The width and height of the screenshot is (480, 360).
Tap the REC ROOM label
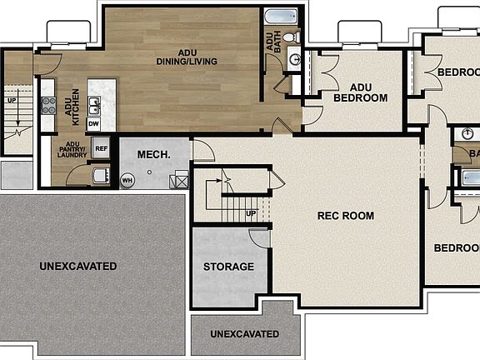345,216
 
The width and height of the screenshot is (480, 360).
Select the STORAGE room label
228,267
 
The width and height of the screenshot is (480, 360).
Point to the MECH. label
153,155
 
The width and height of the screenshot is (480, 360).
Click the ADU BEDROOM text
360,92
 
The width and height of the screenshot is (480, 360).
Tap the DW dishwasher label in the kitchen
94,123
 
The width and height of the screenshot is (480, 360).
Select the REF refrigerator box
101,149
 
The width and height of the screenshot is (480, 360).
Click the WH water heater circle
127,179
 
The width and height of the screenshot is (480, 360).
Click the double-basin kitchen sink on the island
96,104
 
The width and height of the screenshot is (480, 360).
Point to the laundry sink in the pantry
100,175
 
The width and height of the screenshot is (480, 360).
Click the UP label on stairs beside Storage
251,214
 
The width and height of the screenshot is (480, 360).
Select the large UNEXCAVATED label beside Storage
77,267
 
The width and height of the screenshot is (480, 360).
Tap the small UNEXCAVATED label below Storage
244,334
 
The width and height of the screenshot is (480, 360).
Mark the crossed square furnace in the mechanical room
179,180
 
